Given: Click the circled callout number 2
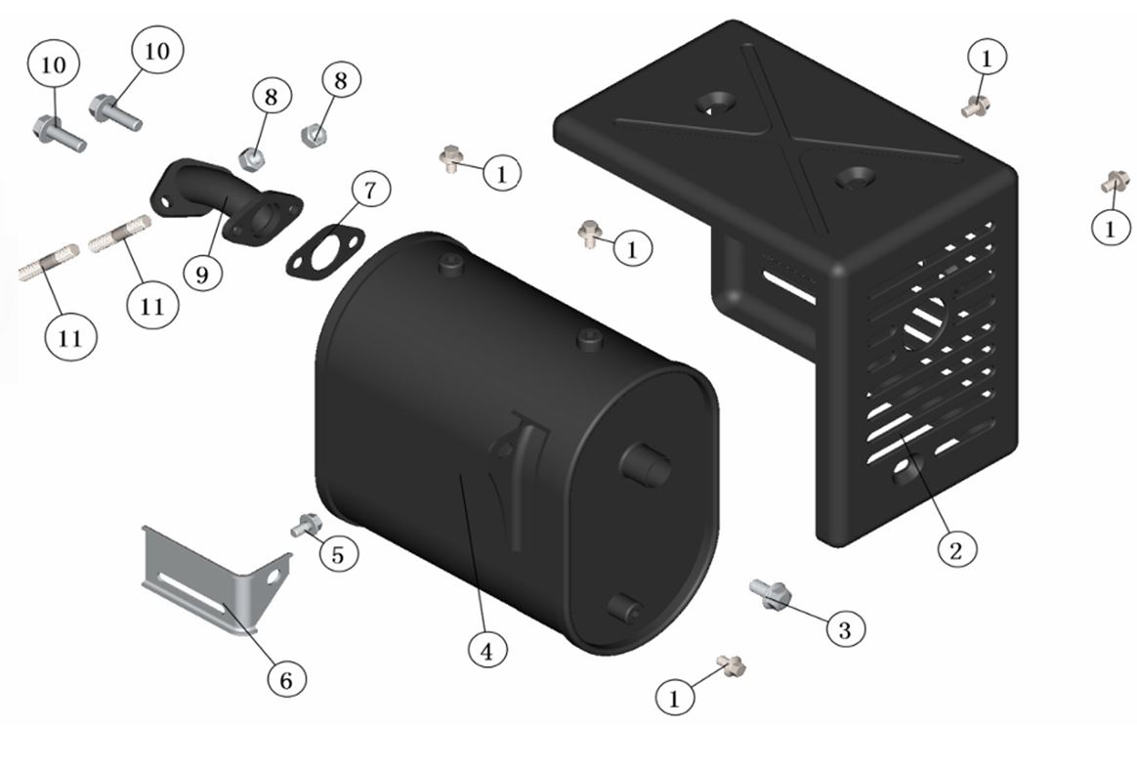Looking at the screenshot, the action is (x=955, y=549).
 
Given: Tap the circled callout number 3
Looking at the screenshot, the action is (x=844, y=629).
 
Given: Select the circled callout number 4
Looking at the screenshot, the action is (x=486, y=651).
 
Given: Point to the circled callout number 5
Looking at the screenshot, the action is (x=338, y=554).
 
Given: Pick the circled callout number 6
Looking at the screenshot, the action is (x=286, y=679).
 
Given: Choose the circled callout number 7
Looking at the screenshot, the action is (x=370, y=191).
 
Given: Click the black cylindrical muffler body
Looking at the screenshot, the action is (x=517, y=443).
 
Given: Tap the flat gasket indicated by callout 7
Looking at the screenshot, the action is (x=325, y=251).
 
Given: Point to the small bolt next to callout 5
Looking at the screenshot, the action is (x=306, y=525).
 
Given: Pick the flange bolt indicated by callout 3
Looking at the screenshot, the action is (x=770, y=592).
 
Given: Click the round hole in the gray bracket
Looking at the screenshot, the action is (x=274, y=578).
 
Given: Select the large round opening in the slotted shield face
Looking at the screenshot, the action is (x=924, y=323).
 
